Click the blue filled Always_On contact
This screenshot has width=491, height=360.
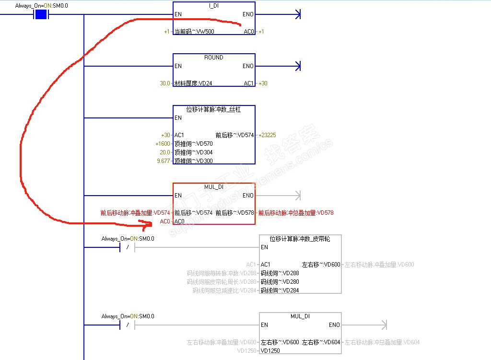41,14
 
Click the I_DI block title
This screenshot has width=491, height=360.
214,6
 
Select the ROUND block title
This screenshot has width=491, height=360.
214,58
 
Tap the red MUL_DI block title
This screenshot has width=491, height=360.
214,187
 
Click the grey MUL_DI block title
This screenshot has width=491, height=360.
300,316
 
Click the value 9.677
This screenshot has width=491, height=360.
163,161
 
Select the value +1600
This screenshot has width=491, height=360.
163,144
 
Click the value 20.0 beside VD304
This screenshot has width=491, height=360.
165,152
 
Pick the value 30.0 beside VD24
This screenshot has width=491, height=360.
165,83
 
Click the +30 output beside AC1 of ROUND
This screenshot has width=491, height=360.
263,83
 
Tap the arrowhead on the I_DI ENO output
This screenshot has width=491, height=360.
298,14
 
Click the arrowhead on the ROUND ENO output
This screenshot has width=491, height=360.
298,66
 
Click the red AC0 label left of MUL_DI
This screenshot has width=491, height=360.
164,221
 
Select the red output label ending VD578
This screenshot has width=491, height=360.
296,213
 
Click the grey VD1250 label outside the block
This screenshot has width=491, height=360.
247,351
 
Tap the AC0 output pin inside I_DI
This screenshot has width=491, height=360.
248,32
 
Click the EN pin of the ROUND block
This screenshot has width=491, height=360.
178,66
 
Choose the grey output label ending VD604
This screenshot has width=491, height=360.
382,342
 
